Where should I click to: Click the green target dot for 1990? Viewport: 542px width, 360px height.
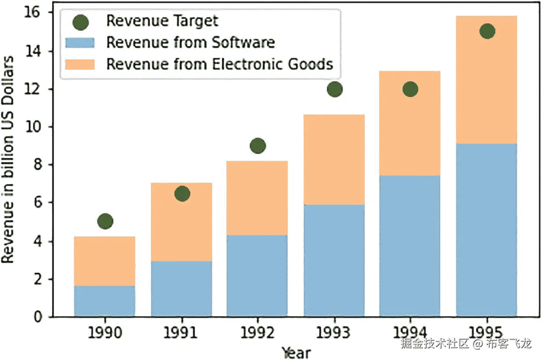105,222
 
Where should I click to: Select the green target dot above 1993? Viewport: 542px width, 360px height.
335,89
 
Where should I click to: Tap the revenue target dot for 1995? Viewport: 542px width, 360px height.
487,31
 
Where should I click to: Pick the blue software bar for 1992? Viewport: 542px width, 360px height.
257,275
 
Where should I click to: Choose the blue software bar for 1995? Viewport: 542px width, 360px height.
487,229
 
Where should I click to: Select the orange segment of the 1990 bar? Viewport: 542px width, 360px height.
105,261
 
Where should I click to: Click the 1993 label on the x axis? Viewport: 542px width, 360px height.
335,332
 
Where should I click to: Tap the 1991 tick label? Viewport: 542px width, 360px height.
182,332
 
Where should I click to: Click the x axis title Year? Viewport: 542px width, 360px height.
296,352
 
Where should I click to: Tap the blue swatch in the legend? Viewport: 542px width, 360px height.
80,43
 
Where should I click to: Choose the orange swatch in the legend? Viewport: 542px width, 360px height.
80,64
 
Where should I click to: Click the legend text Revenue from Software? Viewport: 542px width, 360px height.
190,43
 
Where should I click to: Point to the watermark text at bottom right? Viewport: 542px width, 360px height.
466,343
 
